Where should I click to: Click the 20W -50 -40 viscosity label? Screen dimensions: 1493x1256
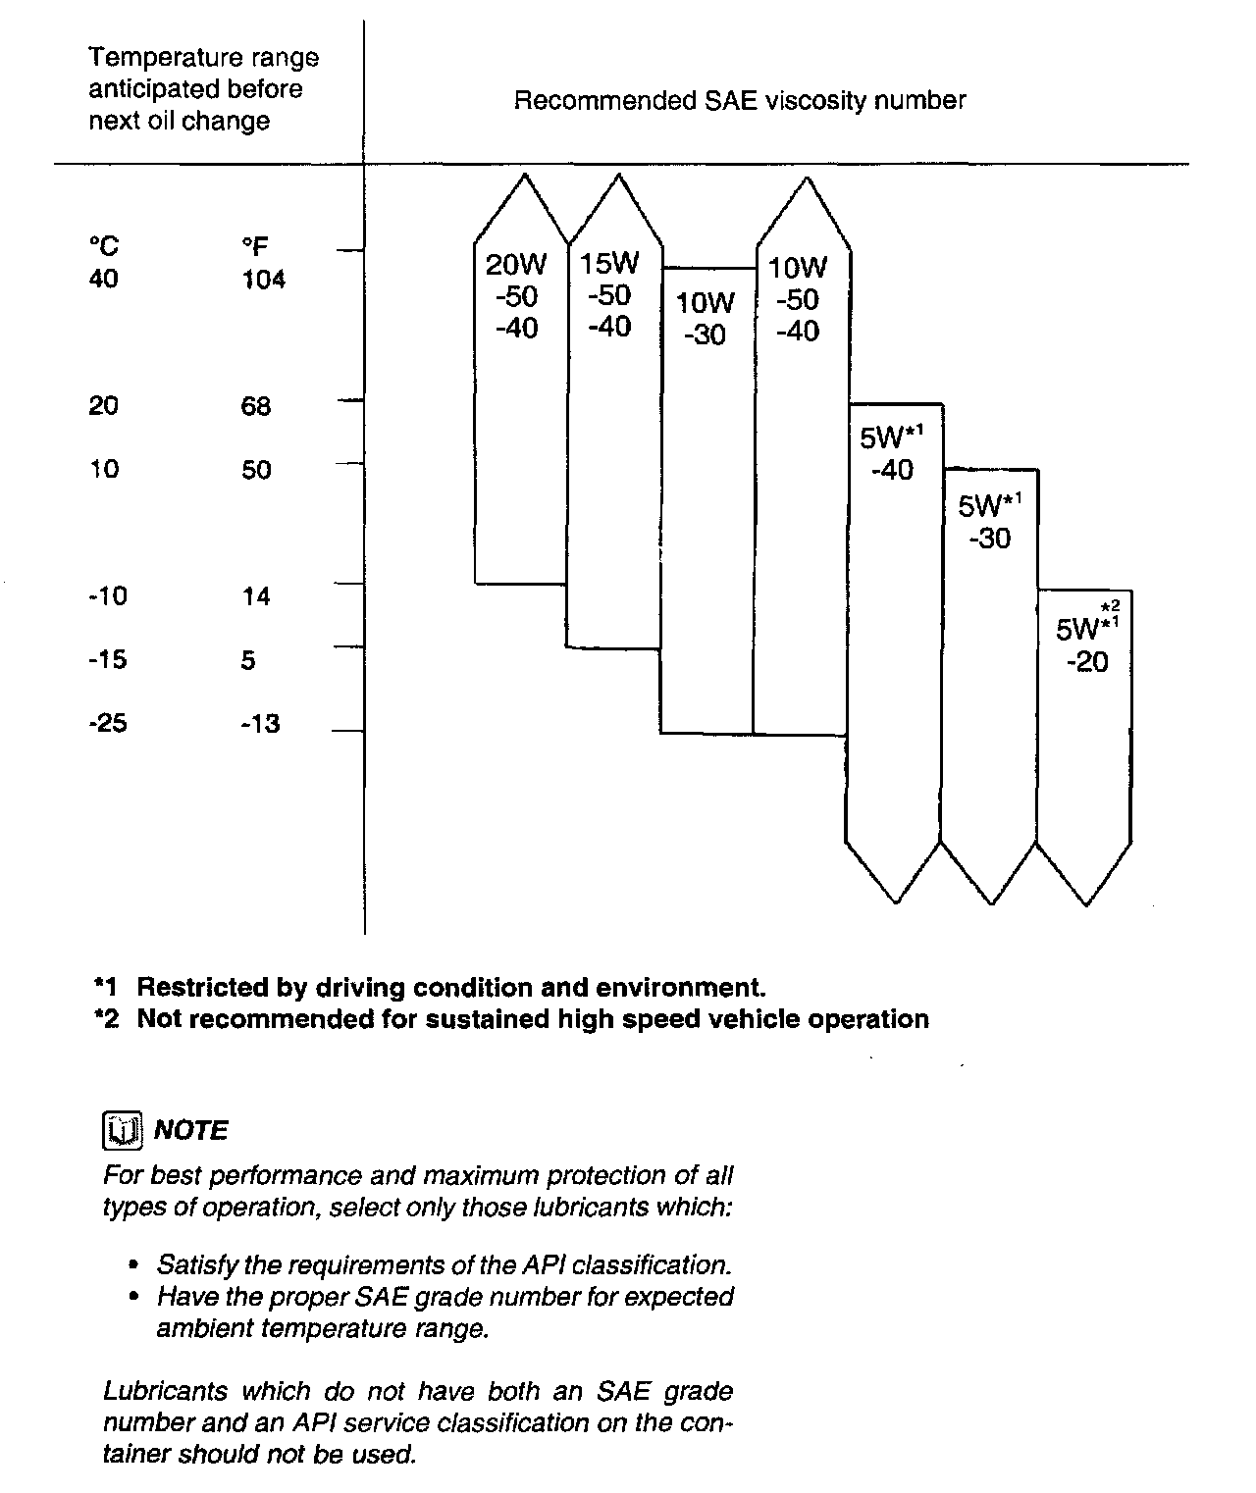coord(517,295)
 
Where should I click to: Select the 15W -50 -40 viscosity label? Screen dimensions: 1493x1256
coord(609,294)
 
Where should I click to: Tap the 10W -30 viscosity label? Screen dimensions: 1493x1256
coord(706,318)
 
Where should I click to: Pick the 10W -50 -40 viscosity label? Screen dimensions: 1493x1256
coord(798,298)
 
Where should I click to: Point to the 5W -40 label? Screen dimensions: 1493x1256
coord(892,453)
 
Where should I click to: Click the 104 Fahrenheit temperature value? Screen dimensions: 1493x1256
coord(264,280)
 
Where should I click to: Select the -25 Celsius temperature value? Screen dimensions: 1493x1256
coord(107,724)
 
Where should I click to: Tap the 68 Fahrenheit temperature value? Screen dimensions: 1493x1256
coord(256,406)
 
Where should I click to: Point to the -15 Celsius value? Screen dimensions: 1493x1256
coord(107,659)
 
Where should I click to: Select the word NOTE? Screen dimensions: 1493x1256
coord(191,1131)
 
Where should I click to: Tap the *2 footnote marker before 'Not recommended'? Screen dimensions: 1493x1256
coord(106,1019)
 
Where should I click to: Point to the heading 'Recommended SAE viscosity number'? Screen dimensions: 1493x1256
coord(740,100)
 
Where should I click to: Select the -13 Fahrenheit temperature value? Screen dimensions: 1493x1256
coord(260,724)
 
